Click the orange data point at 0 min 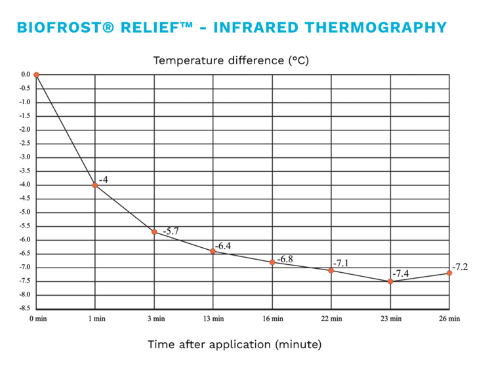pos(36,75)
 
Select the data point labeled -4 pos(95,186)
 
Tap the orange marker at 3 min pos(154,232)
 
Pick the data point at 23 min pos(390,281)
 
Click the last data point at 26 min pos(449,273)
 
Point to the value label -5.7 pos(171,231)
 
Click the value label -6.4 pos(223,246)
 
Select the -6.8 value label pos(285,259)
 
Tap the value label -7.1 pos(340,263)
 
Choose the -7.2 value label pos(460,267)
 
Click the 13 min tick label pos(213,319)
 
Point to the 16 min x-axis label pos(273,319)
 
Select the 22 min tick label pos(331,319)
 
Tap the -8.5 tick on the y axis pos(25,308)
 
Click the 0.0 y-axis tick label pos(26,75)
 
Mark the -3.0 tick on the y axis pos(25,157)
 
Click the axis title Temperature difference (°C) pos(231,60)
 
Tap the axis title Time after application pos(209,344)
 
